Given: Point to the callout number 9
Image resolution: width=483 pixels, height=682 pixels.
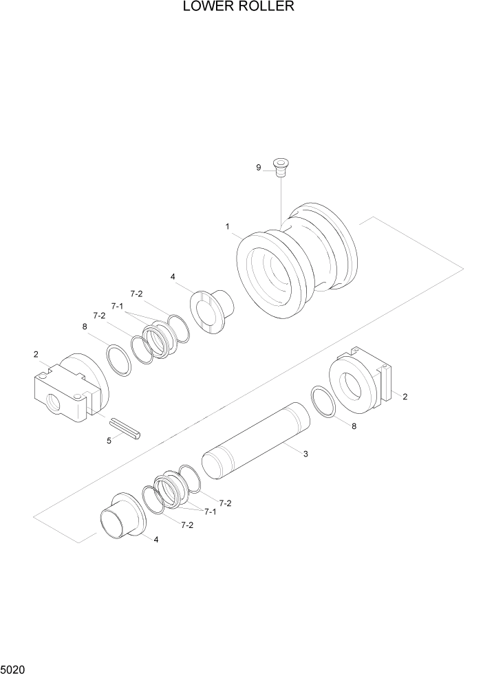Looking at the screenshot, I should (x=259, y=167).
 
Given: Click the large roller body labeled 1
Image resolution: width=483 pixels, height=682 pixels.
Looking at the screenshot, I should (x=296, y=261).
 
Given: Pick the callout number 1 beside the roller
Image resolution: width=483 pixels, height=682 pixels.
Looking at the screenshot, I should (x=226, y=225).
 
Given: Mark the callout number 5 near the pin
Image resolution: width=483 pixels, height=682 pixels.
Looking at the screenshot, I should (x=109, y=441).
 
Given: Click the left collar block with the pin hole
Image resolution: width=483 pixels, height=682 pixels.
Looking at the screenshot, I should (x=69, y=392).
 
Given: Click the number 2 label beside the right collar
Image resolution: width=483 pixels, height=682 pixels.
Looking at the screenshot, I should (x=405, y=397).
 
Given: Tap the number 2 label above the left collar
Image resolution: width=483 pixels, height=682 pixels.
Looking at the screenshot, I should (x=35, y=354).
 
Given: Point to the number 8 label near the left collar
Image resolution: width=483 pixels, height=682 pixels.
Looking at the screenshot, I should (x=85, y=327).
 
